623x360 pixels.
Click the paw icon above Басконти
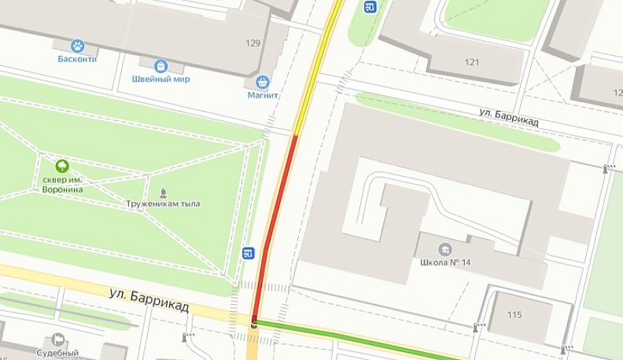click(x=77, y=46)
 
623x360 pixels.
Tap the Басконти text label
click(x=77, y=59)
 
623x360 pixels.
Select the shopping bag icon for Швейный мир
click(x=161, y=66)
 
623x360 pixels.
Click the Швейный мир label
click(x=161, y=79)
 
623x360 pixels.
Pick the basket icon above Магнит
click(x=263, y=82)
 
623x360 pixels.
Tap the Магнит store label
click(x=263, y=95)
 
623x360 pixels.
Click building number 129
click(x=253, y=43)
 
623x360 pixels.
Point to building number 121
click(x=471, y=62)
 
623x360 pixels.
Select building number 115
click(x=514, y=315)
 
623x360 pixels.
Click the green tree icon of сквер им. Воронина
click(x=62, y=166)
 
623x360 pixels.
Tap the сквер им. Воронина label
click(x=62, y=184)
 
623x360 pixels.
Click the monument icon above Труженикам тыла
click(x=163, y=192)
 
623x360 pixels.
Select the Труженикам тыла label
click(x=163, y=204)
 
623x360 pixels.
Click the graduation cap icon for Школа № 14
click(x=445, y=249)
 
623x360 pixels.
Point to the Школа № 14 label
click(x=445, y=263)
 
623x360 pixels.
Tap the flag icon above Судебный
click(x=57, y=340)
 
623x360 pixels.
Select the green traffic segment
click(x=354, y=336)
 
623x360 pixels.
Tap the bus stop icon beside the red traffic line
click(x=248, y=253)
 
